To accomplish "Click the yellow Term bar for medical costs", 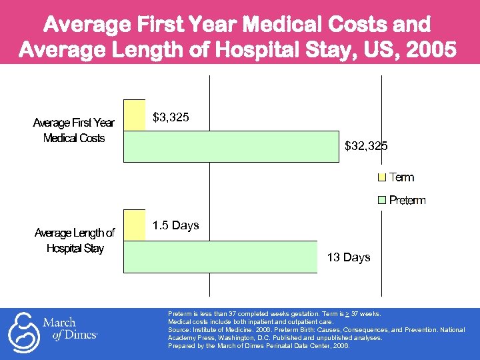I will pyautogui.click(x=134, y=115).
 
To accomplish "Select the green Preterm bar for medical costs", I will pyautogui.click(x=231, y=146).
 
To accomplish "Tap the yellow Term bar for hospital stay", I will pyautogui.click(x=134, y=225).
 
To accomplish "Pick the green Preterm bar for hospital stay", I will pyautogui.click(x=221, y=257).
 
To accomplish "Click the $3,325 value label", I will pyautogui.click(x=171, y=118).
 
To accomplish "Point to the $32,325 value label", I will pyautogui.click(x=366, y=145).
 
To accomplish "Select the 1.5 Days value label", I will pyautogui.click(x=175, y=225).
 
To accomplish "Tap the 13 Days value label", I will pyautogui.click(x=349, y=257).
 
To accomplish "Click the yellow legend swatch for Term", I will pyautogui.click(x=382, y=177).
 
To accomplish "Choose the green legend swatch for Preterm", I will pyautogui.click(x=382, y=200).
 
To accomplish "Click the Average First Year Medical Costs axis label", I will pyautogui.click(x=74, y=130).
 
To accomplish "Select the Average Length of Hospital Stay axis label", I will pyautogui.click(x=75, y=241).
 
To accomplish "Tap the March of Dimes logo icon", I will pyautogui.click(x=23, y=331).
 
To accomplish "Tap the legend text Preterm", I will pyautogui.click(x=407, y=200).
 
